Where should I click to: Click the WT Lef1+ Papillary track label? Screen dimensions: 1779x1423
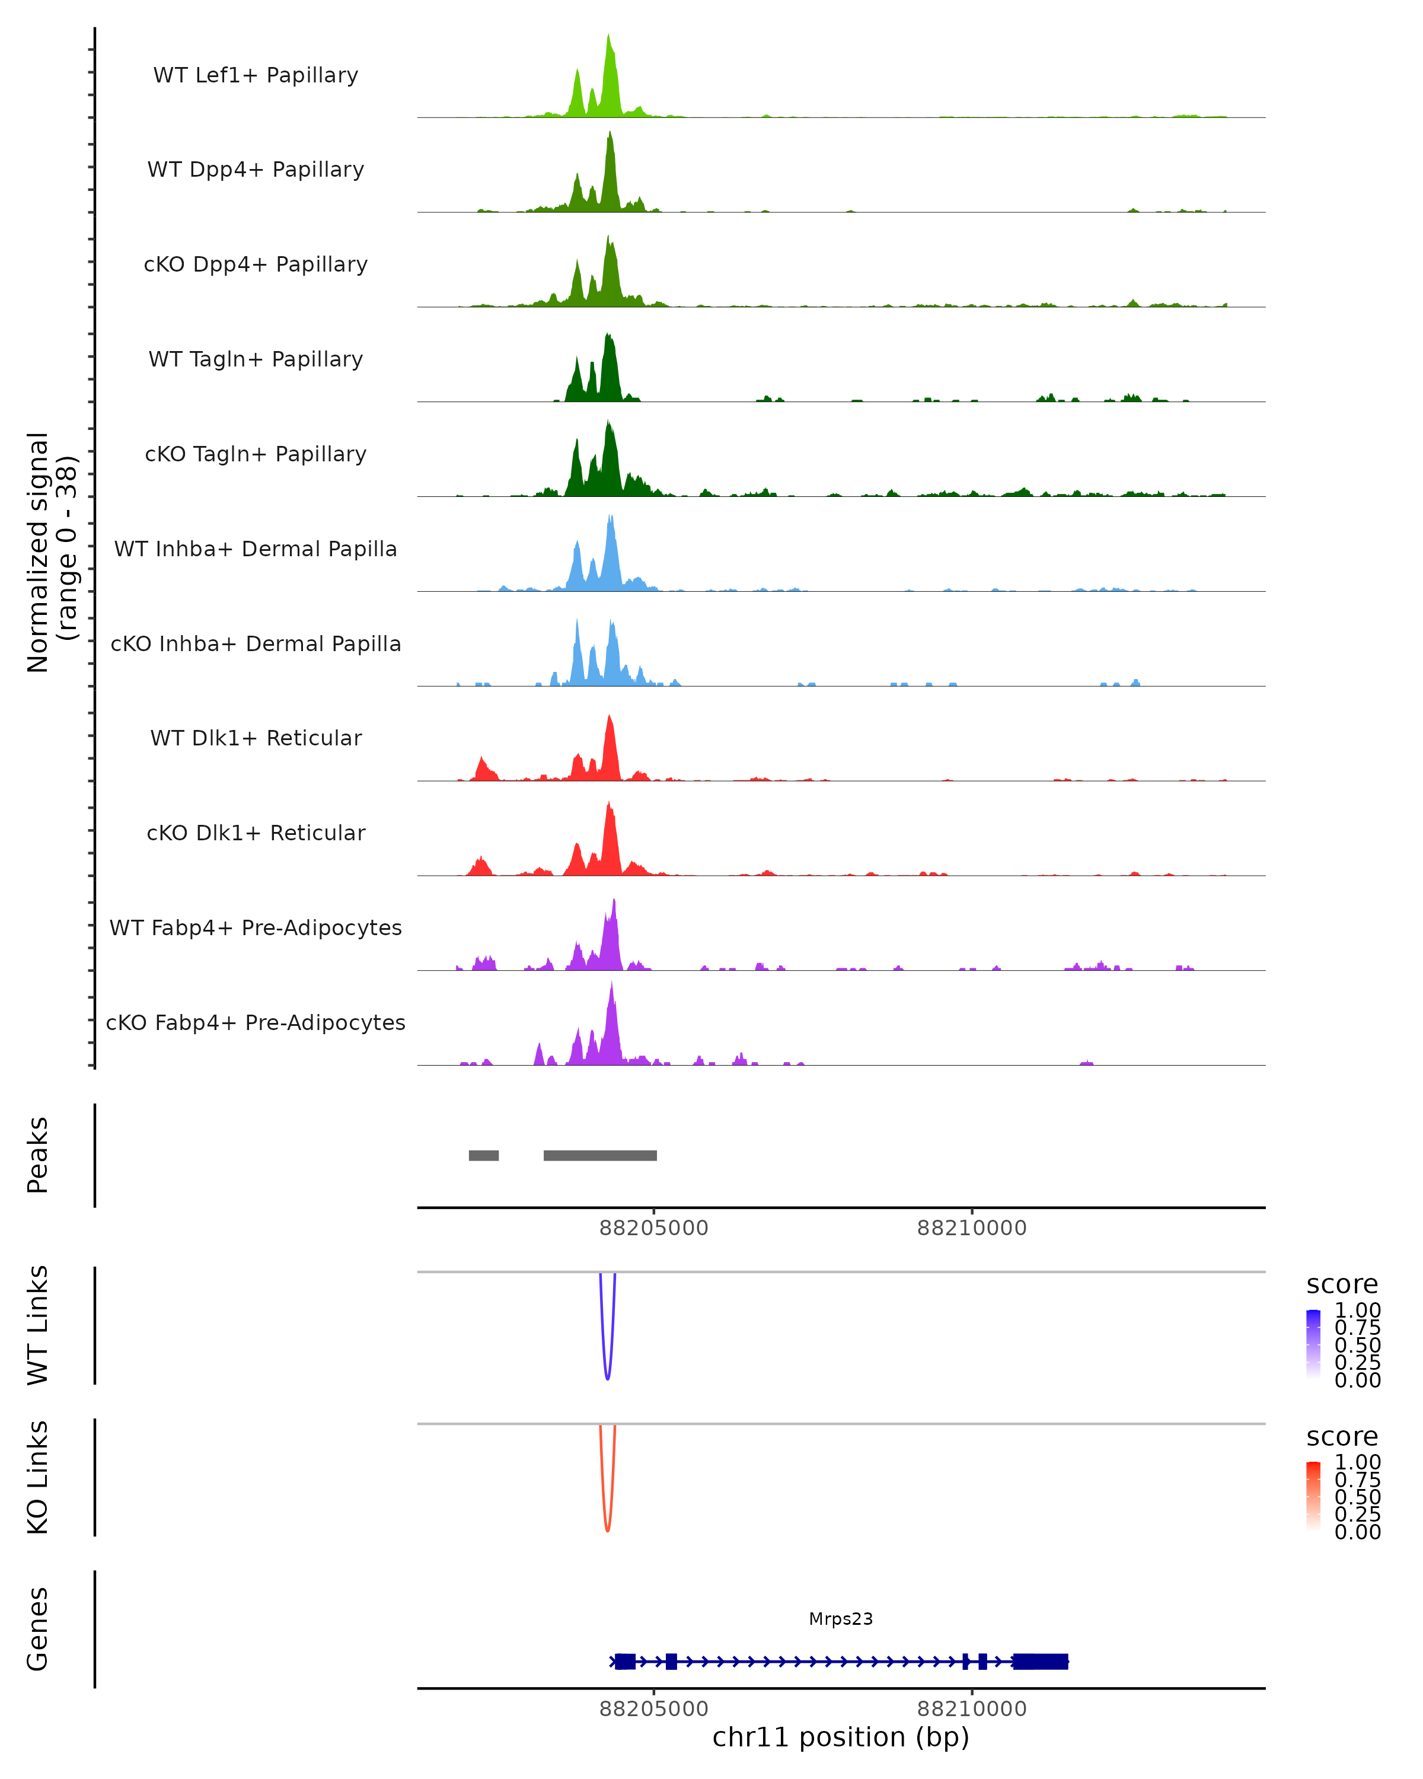pos(256,75)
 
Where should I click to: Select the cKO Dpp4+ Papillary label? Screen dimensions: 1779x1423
pos(256,264)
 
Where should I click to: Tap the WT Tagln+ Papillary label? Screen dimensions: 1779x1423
pos(256,359)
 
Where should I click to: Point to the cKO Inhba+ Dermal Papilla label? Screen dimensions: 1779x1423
pos(256,643)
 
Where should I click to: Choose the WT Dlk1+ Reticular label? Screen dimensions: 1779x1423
pos(256,738)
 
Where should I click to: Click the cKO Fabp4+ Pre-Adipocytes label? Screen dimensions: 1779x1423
pos(256,1022)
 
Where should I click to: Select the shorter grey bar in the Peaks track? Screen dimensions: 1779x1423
pos(483,1155)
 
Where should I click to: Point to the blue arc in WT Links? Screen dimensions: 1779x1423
pos(607,1376)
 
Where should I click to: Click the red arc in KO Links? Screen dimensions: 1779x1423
pos(607,1528)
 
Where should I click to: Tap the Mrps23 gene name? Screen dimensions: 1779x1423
pos(841,1619)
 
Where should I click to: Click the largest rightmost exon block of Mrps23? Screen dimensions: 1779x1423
pos(1040,1662)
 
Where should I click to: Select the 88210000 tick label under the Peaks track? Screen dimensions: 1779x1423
pos(972,1229)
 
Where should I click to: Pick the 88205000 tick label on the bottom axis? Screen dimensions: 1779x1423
pos(653,1709)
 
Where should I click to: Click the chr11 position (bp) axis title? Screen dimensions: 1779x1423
pos(841,1737)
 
